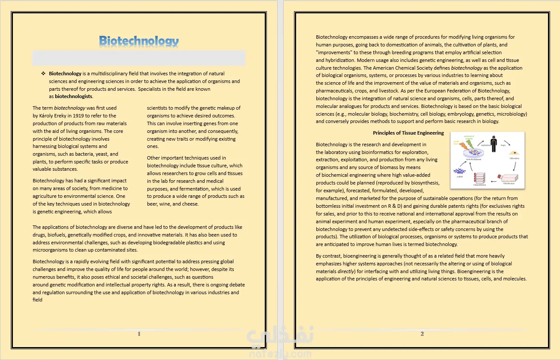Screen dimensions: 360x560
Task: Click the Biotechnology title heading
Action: point(139,41)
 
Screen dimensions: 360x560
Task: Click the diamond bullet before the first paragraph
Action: point(43,74)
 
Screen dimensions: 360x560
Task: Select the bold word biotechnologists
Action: point(73,96)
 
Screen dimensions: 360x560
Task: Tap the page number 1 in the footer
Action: point(139,334)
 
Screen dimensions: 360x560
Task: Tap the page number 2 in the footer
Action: point(422,334)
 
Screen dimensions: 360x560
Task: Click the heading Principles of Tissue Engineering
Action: point(408,133)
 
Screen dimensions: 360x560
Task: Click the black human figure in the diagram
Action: point(493,145)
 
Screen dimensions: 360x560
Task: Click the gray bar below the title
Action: point(139,58)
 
